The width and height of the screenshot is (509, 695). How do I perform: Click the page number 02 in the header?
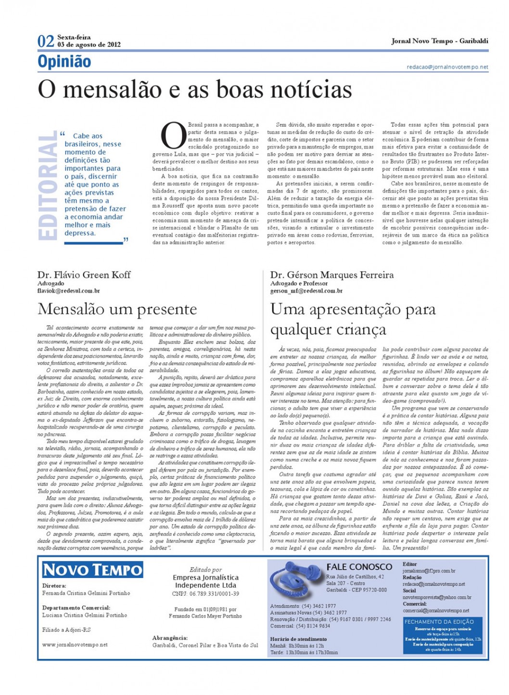pyautogui.click(x=46, y=41)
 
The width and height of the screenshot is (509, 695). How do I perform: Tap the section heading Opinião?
pyautogui.click(x=64, y=62)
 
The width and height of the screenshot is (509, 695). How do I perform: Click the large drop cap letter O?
pyautogui.click(x=173, y=136)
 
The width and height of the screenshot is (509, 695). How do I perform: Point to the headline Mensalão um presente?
pyautogui.click(x=117, y=309)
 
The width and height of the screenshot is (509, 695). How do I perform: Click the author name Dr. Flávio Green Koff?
pyautogui.click(x=84, y=275)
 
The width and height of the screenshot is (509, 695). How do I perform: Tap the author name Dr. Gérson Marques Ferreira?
pyautogui.click(x=331, y=275)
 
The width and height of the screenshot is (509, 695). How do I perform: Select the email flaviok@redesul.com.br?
pyautogui.click(x=68, y=291)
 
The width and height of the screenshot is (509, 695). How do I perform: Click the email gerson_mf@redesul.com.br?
pyautogui.click(x=306, y=291)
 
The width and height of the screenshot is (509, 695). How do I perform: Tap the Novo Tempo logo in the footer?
pyautogui.click(x=92, y=570)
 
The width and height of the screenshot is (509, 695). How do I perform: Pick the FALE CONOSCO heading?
pyautogui.click(x=359, y=567)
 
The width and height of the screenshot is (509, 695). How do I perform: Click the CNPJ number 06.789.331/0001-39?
pyautogui.click(x=205, y=594)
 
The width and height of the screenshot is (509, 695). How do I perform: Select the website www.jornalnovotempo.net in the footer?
pyautogui.click(x=75, y=644)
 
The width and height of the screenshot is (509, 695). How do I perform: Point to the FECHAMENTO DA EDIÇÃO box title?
pyautogui.click(x=439, y=622)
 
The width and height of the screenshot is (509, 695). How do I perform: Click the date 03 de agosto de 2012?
pyautogui.click(x=89, y=45)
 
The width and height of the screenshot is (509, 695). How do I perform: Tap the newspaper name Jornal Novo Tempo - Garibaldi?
pyautogui.click(x=439, y=41)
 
